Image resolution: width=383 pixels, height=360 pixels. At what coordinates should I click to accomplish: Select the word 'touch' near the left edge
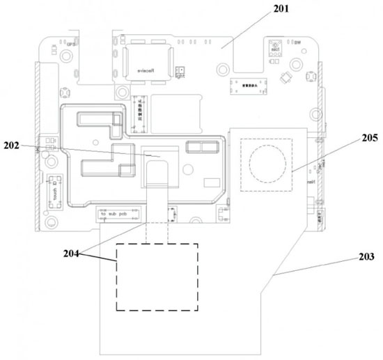pyautogui.click(x=54, y=189)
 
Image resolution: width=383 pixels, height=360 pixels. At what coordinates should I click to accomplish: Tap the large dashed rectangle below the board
pyautogui.click(x=157, y=276)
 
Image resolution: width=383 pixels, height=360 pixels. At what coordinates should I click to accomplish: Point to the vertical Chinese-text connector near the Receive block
pyautogui.click(x=139, y=111)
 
